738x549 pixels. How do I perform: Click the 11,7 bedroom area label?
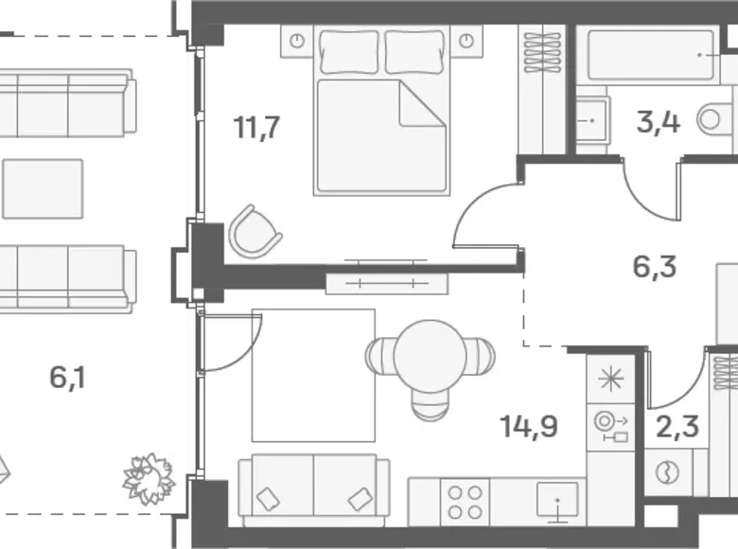[x=257, y=127]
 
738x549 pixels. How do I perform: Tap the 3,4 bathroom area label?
[x=658, y=122]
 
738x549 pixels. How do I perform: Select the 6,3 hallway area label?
[x=655, y=267]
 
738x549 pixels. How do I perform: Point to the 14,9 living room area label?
[x=529, y=426]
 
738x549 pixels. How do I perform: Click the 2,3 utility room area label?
[x=677, y=427]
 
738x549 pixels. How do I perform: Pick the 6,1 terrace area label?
[x=68, y=378]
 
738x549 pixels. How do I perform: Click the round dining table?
[x=430, y=356]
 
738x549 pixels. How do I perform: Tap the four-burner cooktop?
[x=465, y=502]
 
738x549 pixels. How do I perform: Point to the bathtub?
[x=653, y=56]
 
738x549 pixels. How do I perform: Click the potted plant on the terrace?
[x=149, y=479]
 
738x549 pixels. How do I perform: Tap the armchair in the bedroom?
[x=255, y=232]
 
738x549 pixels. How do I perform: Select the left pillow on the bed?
[x=349, y=52]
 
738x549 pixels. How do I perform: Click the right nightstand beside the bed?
[x=466, y=42]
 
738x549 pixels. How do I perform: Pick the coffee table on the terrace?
[x=43, y=188]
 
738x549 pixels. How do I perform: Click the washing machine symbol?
[x=667, y=472]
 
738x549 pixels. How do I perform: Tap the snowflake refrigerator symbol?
[x=611, y=379]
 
